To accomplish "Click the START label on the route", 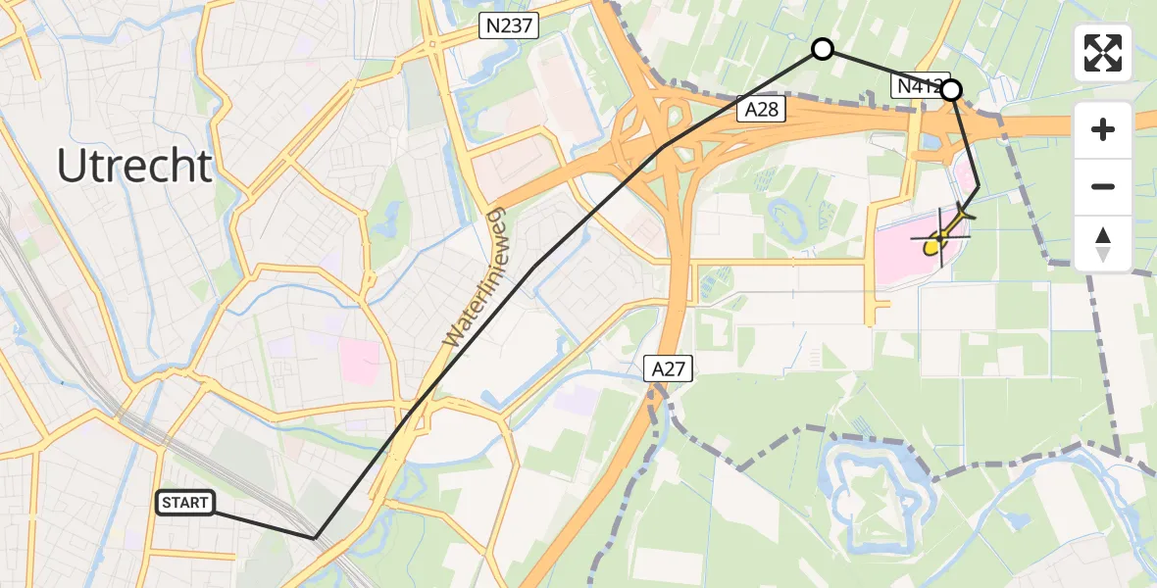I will tap(185, 504).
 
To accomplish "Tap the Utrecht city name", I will tap(134, 167).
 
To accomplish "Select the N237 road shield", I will tap(510, 26).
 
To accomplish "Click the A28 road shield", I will tap(762, 109).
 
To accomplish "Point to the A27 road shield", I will tap(669, 369).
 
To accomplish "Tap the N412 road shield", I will tap(917, 86).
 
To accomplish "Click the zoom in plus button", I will tap(1103, 129).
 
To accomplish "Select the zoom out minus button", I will tap(1103, 186).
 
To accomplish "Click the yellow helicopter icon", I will tap(942, 235).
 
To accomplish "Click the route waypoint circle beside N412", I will tap(951, 90).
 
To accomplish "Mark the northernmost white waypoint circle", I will tap(823, 49).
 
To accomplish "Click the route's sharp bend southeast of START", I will tap(315, 538).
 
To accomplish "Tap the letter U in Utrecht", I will tap(70, 167).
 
